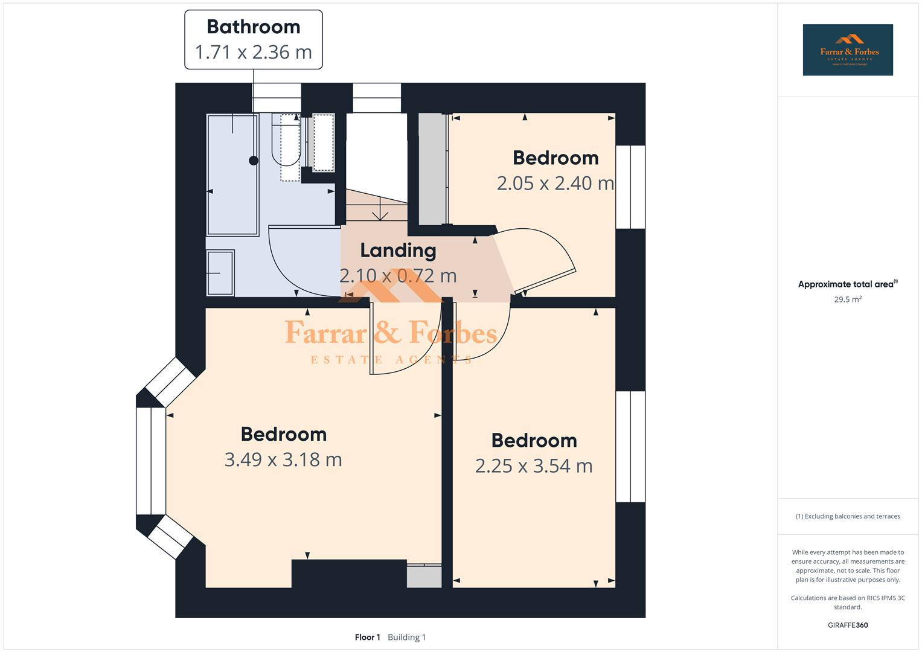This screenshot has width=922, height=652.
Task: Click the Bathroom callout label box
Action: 253,39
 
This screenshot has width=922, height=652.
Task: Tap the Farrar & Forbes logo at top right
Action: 847,50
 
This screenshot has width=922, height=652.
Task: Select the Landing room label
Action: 398,250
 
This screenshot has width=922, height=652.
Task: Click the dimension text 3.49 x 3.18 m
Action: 283,459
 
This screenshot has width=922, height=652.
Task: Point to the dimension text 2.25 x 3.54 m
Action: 534,466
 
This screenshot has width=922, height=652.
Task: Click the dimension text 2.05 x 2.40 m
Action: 555,183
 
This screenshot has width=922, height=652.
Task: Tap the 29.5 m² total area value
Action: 847,299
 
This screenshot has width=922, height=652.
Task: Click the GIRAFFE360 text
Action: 847,625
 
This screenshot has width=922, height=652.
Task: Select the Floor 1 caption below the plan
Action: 367,637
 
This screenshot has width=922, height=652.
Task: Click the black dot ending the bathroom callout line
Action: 254,161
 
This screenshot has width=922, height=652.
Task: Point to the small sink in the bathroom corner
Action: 220,273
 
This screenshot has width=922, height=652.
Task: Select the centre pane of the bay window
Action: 150,461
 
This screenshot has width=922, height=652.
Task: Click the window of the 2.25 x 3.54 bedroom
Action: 630,447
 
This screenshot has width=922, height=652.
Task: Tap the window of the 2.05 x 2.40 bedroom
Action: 630,187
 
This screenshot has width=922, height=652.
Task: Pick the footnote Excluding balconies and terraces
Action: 847,516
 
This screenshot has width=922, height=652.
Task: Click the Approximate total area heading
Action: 847,284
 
